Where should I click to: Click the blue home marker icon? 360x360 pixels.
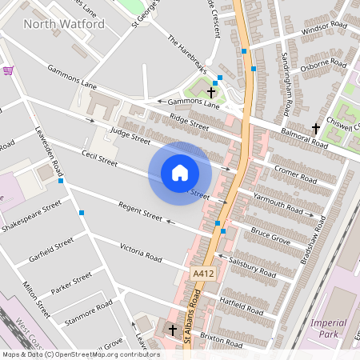pyautogui.click(x=179, y=173)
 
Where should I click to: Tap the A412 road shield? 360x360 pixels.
pyautogui.click(x=204, y=274)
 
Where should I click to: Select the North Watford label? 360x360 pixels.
pyautogui.click(x=64, y=24)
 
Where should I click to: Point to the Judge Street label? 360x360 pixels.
pyautogui.click(x=130, y=134)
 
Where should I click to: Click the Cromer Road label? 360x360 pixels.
pyautogui.click(x=297, y=171)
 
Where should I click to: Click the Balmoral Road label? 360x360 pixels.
pyautogui.click(x=302, y=137)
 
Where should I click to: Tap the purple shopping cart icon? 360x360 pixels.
pyautogui.click(x=8, y=70)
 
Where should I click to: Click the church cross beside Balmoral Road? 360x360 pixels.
pyautogui.click(x=316, y=127)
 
